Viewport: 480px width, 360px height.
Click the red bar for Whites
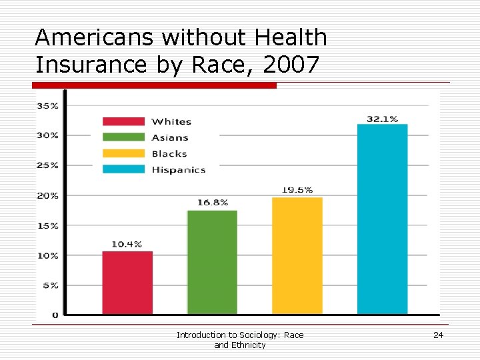(127, 283)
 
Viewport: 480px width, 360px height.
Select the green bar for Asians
(212, 262)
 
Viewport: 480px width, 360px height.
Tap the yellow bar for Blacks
(297, 255)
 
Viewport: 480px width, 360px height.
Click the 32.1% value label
(382, 119)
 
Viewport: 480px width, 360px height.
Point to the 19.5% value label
(297, 190)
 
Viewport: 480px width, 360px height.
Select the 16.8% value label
(213, 202)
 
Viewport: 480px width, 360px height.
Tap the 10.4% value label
(127, 244)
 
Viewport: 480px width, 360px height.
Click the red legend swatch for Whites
(123, 121)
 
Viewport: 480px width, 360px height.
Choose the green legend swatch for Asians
(123, 137)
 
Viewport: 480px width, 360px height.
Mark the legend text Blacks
(169, 154)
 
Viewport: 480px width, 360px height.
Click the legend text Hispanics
(178, 170)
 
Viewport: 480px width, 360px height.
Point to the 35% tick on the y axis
(47, 105)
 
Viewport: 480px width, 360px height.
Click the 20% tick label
(47, 195)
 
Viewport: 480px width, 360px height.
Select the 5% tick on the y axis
(51, 285)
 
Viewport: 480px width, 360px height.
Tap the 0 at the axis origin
(55, 315)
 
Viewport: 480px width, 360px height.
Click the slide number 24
(438, 335)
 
